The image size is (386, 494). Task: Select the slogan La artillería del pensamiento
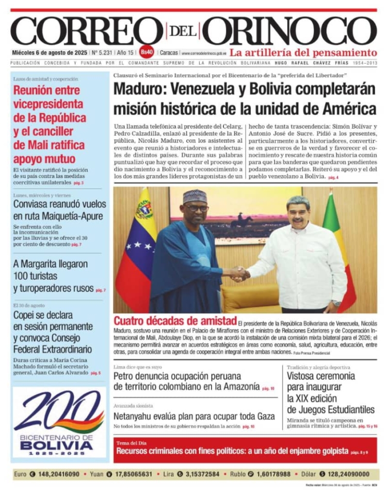pos(303,53)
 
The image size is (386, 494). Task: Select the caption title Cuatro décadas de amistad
pos(175,321)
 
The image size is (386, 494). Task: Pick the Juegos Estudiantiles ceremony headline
pos(331,392)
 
